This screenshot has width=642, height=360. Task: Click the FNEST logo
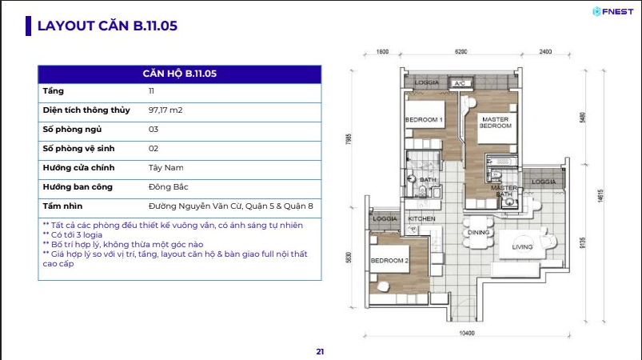(x=613, y=12)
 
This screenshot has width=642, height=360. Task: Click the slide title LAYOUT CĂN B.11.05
(x=107, y=26)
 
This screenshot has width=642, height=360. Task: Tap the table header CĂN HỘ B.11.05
(x=180, y=74)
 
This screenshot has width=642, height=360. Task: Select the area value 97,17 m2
(x=165, y=110)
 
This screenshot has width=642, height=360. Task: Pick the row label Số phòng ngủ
(x=72, y=130)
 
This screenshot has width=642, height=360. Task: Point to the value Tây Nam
(x=165, y=167)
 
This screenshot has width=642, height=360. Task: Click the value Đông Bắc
(x=168, y=186)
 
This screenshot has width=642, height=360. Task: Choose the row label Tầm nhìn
(x=62, y=206)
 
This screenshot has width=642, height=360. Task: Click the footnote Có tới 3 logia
(x=73, y=234)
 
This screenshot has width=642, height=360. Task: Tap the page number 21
(x=320, y=351)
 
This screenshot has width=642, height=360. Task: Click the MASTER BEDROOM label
(x=496, y=122)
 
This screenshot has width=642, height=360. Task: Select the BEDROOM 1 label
(x=424, y=119)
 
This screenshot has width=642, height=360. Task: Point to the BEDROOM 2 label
(x=389, y=261)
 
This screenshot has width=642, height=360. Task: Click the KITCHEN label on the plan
(x=421, y=218)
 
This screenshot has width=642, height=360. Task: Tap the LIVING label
(x=522, y=247)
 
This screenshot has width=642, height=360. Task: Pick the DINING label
(x=478, y=232)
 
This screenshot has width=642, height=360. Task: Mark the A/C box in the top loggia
(x=460, y=83)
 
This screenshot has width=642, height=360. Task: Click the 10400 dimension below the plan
(x=467, y=334)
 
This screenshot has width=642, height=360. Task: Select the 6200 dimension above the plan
(x=461, y=52)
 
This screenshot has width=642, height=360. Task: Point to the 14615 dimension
(x=600, y=195)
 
